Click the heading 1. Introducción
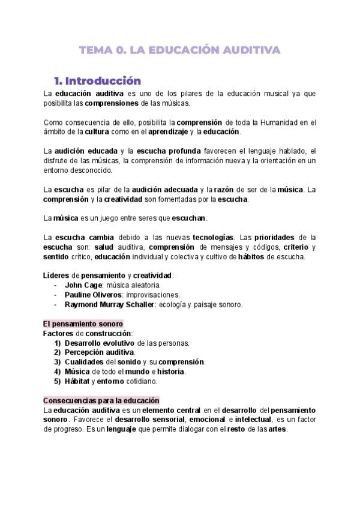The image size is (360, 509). coord(97,80)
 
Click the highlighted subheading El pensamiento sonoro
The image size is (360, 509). coord(83,324)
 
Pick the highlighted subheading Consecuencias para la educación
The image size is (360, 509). coord(101,400)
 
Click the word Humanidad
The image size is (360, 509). coord(282,122)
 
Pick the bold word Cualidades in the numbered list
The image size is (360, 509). coord(85,362)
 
